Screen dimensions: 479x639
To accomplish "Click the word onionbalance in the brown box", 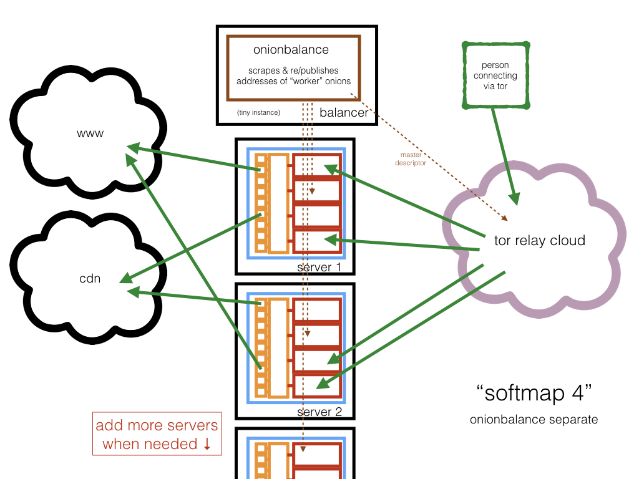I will point(291,49).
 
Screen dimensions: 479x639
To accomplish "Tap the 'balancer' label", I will point(344,113).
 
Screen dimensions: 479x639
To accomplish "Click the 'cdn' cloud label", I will point(90,279).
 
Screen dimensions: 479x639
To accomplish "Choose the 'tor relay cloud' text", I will point(539,240).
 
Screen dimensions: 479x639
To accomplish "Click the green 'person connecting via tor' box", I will point(495,75).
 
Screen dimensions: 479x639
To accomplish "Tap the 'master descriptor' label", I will point(414,159).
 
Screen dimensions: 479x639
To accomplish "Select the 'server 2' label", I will point(319,412).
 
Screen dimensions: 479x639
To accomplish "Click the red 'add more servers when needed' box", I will point(157,434).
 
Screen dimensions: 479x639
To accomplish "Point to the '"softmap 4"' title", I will point(534,394).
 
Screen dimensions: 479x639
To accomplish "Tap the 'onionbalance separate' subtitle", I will point(534,419).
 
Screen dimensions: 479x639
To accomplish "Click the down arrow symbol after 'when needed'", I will point(207,445).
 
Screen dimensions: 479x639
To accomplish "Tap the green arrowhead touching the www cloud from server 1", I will point(132,148).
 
